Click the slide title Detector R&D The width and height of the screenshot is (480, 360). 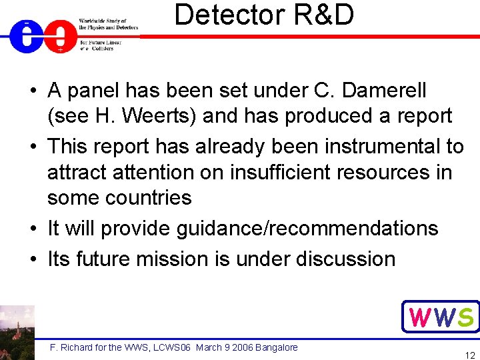pyautogui.click(x=264, y=15)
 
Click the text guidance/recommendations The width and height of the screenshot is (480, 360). pyautogui.click(x=307, y=229)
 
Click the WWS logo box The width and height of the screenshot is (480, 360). pyautogui.click(x=441, y=317)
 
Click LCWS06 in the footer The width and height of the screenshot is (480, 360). pyautogui.click(x=173, y=347)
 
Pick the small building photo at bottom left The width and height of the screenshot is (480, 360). pyautogui.click(x=17, y=332)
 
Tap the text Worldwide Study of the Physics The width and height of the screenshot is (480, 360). pyautogui.click(x=108, y=24)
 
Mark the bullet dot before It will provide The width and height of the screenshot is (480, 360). pyautogui.click(x=32, y=229)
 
